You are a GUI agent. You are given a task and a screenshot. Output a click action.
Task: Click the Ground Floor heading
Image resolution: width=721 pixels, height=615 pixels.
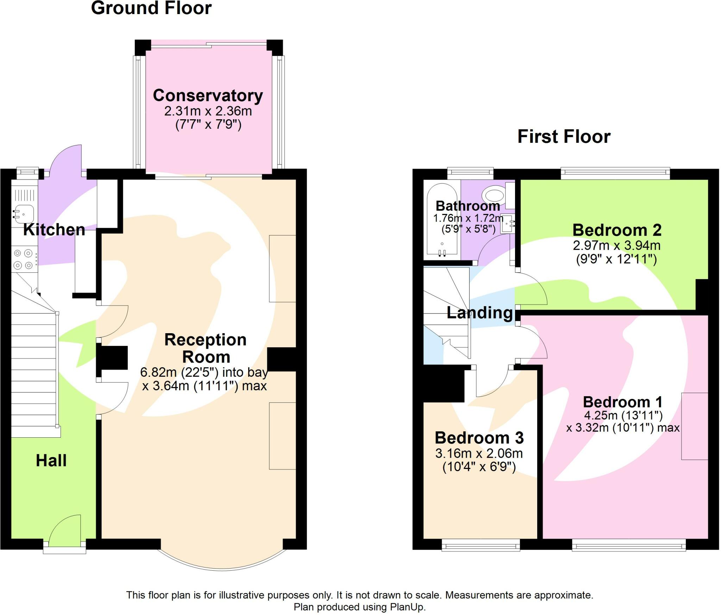click(151, 8)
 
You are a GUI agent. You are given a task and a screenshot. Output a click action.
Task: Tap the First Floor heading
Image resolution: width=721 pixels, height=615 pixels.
click(564, 137)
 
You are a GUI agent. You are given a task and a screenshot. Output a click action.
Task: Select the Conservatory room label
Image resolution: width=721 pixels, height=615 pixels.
click(208, 95)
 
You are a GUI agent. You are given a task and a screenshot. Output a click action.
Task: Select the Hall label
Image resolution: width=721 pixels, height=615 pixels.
click(51, 461)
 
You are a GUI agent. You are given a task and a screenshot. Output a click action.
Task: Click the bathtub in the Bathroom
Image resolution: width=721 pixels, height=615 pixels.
click(442, 220)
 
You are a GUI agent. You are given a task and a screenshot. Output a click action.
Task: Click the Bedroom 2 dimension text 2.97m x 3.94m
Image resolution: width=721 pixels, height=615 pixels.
click(616, 245)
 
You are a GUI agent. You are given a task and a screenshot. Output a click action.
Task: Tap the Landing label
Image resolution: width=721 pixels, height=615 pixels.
click(479, 313)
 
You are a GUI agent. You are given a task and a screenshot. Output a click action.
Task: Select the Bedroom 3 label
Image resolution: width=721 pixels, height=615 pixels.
click(479, 438)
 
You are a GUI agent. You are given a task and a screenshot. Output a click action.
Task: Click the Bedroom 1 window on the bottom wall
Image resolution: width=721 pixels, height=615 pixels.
click(628, 546)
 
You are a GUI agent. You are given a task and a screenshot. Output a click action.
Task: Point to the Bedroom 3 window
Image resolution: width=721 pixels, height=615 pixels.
click(481, 546)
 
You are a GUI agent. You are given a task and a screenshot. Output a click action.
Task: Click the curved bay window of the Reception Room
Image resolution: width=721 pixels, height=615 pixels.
click(222, 568)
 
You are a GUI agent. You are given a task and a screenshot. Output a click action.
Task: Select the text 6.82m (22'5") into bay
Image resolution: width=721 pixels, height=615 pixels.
click(204, 372)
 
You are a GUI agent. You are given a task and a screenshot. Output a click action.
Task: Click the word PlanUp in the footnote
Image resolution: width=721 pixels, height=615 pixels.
click(407, 607)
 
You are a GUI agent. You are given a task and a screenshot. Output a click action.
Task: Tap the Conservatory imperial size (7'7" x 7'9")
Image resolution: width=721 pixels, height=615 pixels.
click(208, 125)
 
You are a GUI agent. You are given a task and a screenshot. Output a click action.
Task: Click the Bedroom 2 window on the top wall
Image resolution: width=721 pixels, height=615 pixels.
click(615, 172)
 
